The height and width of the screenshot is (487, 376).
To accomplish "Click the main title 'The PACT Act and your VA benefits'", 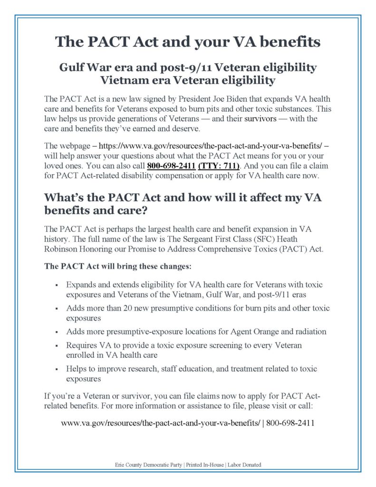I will click(x=188, y=42).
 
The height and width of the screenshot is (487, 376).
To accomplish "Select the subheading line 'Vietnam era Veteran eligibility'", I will click(x=188, y=80).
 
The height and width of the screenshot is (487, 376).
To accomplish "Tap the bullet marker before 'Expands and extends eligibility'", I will click(x=57, y=285).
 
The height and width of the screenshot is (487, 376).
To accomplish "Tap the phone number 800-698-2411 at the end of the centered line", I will click(x=290, y=422).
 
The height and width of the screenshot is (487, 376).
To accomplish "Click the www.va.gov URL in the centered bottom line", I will click(x=161, y=422).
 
